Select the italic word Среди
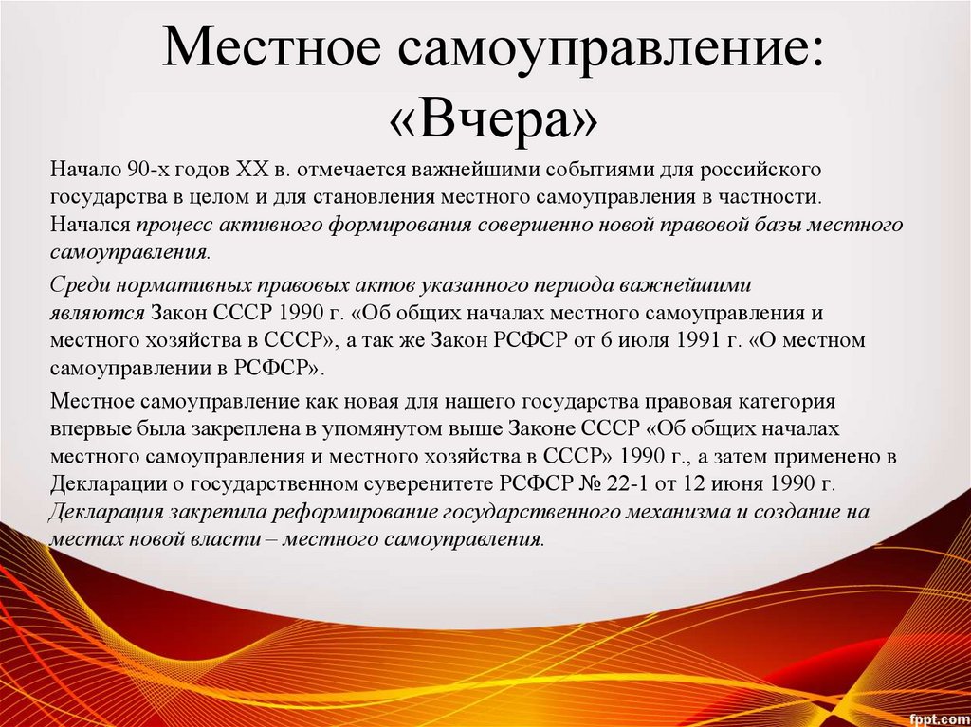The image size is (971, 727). pos(77,284)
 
